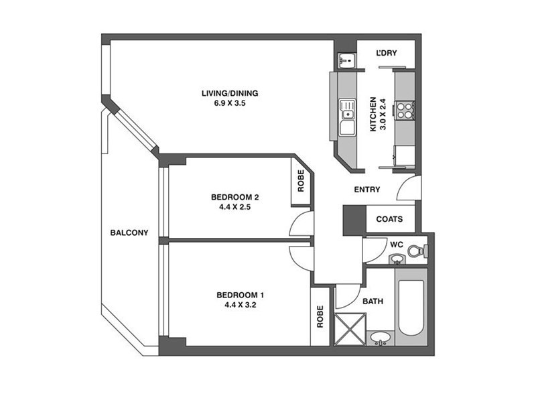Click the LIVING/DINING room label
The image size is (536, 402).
[230, 93]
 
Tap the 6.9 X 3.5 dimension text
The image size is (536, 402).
[230, 103]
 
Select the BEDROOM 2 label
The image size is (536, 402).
[234, 197]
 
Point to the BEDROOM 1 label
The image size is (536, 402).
[241, 295]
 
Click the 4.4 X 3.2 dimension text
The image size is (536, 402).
[241, 305]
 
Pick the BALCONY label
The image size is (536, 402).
[129, 233]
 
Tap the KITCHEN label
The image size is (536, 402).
[375, 115]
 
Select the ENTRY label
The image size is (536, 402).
[367, 190]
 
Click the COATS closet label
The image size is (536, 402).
[389, 219]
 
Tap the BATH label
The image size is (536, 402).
[373, 301]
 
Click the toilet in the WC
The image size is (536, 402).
[417, 251]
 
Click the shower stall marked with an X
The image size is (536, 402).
[348, 329]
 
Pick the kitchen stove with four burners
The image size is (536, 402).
[404, 110]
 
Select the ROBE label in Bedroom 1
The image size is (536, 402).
[320, 316]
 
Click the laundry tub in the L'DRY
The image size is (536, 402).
[345, 61]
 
